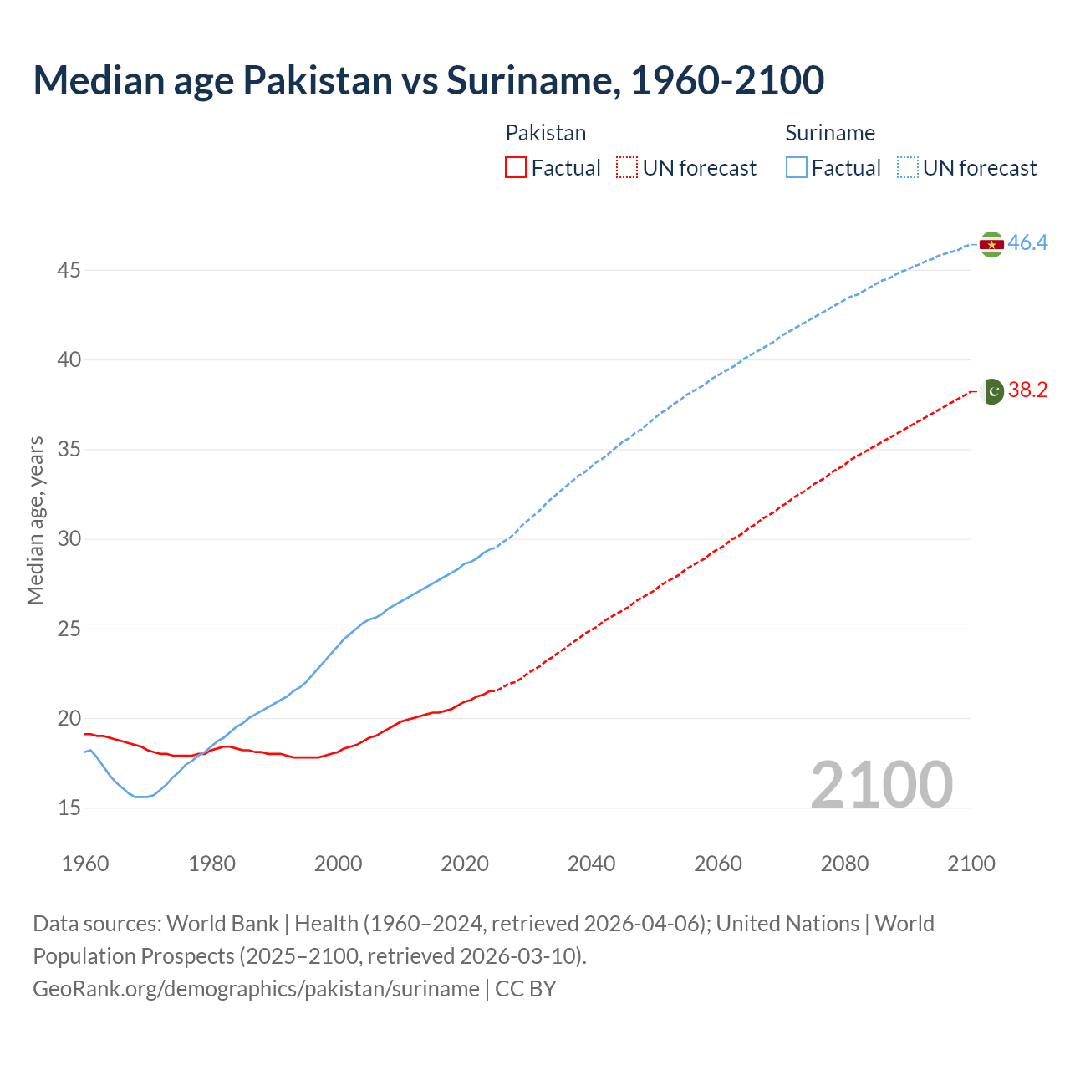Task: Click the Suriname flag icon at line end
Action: coord(991,244)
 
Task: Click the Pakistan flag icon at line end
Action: coord(992,391)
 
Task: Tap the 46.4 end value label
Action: coord(1027,243)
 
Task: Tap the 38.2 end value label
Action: coord(1027,390)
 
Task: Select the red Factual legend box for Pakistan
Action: coord(516,168)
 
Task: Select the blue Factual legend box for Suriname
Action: coord(797,168)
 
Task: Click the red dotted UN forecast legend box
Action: coord(627,168)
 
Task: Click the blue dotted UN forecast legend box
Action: coord(908,168)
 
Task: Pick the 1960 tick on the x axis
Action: coord(85,864)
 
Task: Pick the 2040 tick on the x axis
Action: coord(591,864)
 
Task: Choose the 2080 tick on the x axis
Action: coord(844,864)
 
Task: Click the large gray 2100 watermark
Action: coord(881,784)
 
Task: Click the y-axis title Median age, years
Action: coord(35,520)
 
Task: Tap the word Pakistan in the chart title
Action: coord(318,80)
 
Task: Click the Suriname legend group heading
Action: coord(830,133)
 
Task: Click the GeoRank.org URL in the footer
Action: coord(256,989)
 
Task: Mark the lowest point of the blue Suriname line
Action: coord(141,797)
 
